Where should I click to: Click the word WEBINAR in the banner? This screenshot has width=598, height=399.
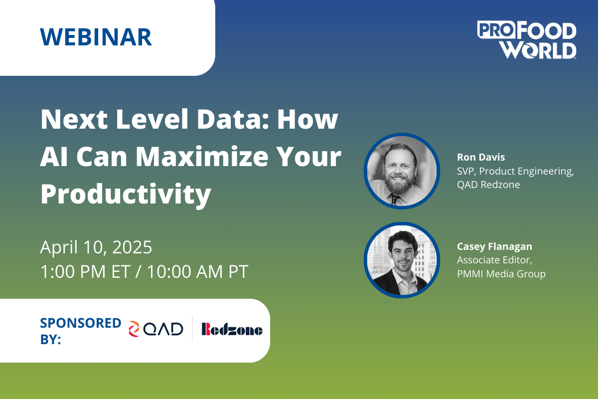96,37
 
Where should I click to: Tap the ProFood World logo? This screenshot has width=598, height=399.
526,39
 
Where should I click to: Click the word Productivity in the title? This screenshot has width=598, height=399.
126,195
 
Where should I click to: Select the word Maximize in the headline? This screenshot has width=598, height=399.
202,157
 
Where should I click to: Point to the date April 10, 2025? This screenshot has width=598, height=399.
96,247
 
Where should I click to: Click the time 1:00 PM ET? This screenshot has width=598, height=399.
85,271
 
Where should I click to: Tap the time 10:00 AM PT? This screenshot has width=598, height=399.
198,271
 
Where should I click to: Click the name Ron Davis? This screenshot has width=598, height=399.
481,157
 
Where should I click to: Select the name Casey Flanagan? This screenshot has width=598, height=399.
494,247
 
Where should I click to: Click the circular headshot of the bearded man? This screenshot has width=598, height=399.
402,171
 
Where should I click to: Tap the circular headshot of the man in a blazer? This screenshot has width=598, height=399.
402,260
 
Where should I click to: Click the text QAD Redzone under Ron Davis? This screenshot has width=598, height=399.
488,185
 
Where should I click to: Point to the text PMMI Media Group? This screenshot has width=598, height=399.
501,274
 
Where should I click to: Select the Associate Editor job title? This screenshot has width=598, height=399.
494,260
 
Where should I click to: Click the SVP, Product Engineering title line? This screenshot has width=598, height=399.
515,171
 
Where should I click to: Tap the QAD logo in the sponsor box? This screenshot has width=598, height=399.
156,329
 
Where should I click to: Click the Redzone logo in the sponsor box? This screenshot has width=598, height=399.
232,329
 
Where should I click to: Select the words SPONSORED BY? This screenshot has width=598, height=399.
80,331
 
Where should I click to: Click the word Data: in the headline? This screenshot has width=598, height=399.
233,119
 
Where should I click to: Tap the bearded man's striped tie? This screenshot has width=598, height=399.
394,199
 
